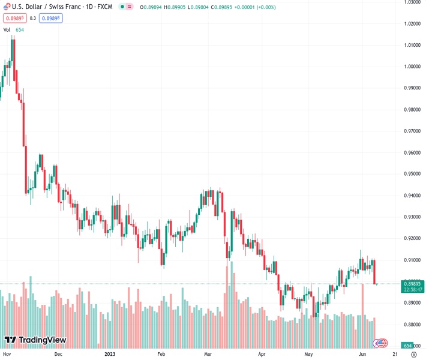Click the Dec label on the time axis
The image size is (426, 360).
58,354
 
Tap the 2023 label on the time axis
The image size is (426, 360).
109,354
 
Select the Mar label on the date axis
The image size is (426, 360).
208,354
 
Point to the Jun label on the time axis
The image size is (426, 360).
362,354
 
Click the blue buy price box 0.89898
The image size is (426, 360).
51,18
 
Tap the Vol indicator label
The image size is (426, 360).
7,29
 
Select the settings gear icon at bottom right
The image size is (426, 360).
413,354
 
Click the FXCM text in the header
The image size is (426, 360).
106,7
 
